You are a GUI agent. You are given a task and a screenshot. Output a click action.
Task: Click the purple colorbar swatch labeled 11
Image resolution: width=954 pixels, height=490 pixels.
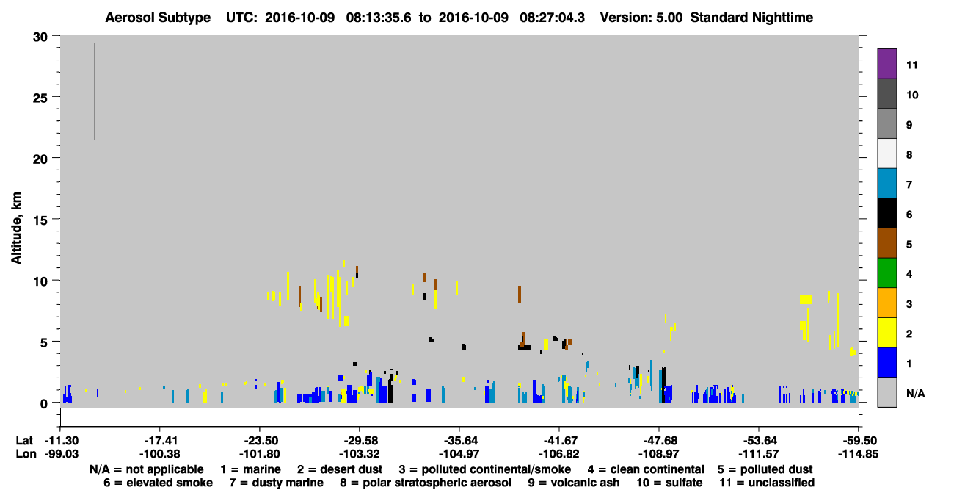tap(886, 64)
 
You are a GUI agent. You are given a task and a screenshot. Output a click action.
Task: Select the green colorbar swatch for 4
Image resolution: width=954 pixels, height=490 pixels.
tap(886, 273)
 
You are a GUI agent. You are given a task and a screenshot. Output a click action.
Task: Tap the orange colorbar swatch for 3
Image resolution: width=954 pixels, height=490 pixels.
tap(886, 303)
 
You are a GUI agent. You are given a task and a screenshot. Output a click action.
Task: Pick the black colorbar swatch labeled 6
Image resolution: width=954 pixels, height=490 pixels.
tap(886, 213)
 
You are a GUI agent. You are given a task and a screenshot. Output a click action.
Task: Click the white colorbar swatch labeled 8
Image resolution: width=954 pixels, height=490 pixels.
tap(886, 154)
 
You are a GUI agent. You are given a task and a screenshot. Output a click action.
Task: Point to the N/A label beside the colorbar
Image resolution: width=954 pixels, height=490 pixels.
tap(915, 393)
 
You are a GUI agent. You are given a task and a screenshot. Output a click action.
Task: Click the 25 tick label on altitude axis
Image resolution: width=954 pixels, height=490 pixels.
tap(40, 98)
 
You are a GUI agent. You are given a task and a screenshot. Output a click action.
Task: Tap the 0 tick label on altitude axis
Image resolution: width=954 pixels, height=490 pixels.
tap(44, 403)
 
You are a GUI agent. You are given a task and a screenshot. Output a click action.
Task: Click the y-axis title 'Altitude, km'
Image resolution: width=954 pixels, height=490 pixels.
tap(15, 228)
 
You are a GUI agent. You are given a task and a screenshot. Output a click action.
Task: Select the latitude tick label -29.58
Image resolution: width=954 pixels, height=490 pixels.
tap(359, 441)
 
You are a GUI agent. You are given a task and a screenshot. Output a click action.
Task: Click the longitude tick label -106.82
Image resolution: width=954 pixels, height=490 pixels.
tap(558, 454)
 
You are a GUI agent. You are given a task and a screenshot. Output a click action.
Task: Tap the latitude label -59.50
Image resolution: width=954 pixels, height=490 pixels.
tap(858, 441)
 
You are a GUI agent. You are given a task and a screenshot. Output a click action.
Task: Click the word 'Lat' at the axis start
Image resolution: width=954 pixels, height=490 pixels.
tap(24, 441)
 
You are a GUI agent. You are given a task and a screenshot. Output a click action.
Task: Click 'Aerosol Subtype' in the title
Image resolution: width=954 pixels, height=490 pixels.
tap(158, 18)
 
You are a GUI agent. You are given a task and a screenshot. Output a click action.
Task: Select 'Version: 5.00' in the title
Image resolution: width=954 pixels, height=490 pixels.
tap(641, 18)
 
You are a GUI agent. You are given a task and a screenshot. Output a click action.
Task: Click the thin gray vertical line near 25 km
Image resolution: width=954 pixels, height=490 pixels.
tap(95, 92)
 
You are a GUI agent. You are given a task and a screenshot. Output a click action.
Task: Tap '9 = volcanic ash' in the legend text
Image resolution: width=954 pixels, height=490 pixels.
tap(574, 483)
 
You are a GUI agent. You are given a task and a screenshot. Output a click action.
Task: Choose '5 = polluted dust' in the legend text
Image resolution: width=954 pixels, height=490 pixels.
tap(765, 469)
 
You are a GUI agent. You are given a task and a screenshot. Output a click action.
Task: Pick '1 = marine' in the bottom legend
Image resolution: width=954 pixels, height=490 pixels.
tap(250, 469)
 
